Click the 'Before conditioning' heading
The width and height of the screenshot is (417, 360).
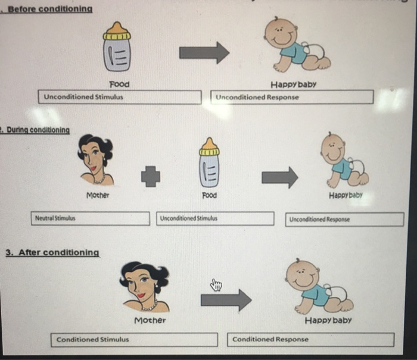tap(50, 10)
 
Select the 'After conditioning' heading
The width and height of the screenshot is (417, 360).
tap(52, 252)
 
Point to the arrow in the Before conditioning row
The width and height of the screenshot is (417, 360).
tap(204, 52)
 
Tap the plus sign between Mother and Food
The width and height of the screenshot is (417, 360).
tap(150, 175)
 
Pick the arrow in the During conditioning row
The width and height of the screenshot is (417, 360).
tap(279, 177)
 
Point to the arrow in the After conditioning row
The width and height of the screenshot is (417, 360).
tap(226, 300)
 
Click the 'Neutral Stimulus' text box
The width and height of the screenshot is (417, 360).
tap(91, 218)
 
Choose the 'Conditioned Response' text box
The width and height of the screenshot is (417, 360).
tap(312, 339)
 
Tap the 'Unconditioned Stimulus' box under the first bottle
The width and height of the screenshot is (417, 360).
tap(122, 97)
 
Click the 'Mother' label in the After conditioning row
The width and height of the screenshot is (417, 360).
tap(150, 320)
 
